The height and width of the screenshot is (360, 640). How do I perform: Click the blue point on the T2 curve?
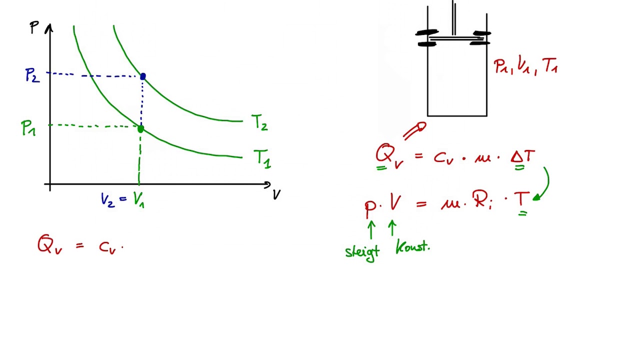[x=143, y=76]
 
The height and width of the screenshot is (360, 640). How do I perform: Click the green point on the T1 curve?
[x=140, y=129]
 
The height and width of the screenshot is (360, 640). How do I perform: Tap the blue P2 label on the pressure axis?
[x=32, y=75]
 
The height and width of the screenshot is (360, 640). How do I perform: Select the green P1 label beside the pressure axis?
[x=28, y=128]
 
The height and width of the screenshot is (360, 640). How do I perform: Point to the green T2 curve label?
[x=259, y=123]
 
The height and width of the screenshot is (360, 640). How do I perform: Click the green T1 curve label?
[x=262, y=159]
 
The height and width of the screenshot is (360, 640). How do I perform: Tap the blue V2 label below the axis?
[x=107, y=199]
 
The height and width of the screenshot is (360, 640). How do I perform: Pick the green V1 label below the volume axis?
[x=139, y=199]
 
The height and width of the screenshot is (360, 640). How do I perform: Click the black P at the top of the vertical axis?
[x=34, y=27]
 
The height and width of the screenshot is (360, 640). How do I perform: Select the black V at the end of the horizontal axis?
[x=276, y=194]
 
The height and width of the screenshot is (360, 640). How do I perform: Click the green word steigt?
[x=362, y=253]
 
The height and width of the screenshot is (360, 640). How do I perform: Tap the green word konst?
[x=412, y=247]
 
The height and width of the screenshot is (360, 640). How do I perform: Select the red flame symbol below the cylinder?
[x=415, y=130]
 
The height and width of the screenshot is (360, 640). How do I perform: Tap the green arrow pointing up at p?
[x=371, y=229]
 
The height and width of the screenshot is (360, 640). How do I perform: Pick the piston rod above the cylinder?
[x=453, y=17]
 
